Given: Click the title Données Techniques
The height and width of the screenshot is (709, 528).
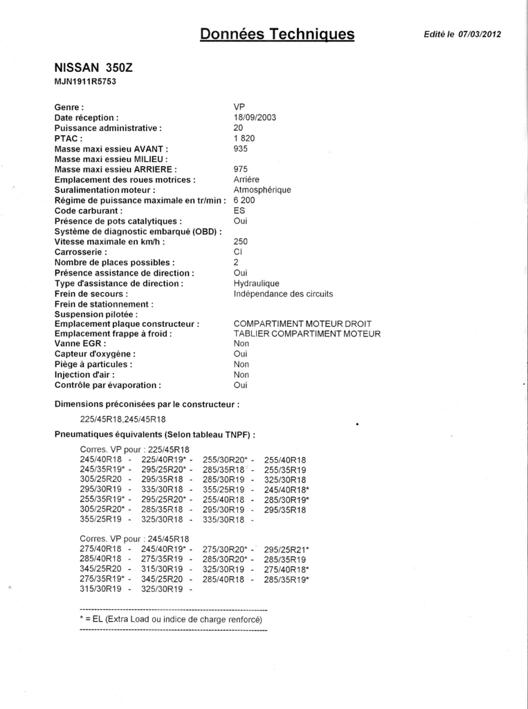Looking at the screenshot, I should pyautogui.click(x=277, y=34).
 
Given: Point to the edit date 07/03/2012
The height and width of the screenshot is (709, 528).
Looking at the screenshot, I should pyautogui.click(x=480, y=35).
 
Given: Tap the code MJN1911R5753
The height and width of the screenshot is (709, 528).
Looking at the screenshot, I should pyautogui.click(x=84, y=82).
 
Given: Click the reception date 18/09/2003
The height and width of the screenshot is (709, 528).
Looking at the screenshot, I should pyautogui.click(x=255, y=118).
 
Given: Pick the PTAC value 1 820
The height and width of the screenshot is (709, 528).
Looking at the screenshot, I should pyautogui.click(x=245, y=138).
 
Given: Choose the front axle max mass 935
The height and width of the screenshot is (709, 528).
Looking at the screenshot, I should pyautogui.click(x=242, y=149).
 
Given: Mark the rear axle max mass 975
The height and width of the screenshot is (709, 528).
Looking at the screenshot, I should pyautogui.click(x=242, y=169).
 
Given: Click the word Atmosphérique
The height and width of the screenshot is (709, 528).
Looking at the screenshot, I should pyautogui.click(x=262, y=190).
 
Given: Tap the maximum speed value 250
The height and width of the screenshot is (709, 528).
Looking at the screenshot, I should pyautogui.click(x=242, y=242).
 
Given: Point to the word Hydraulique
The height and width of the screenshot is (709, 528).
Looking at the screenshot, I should pyautogui.click(x=257, y=284).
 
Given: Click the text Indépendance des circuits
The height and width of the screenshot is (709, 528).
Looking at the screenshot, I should pyautogui.click(x=284, y=294).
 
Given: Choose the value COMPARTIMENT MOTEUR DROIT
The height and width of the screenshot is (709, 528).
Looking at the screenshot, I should pyautogui.click(x=302, y=324).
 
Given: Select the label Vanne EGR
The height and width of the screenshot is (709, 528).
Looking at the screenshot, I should pyautogui.click(x=80, y=343).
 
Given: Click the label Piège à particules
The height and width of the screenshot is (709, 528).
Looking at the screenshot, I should pyautogui.click(x=93, y=364).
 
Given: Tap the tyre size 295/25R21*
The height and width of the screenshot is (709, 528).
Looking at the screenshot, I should pyautogui.click(x=286, y=549).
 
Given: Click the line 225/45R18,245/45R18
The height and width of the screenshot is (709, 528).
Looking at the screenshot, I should pyautogui.click(x=122, y=419).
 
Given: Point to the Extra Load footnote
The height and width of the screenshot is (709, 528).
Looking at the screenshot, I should pyautogui.click(x=171, y=619).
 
